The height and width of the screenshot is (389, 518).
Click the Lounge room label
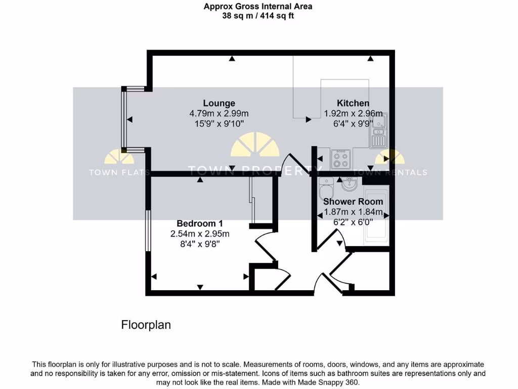pyautogui.click(x=219, y=103)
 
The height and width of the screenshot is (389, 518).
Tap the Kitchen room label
pyautogui.click(x=353, y=103)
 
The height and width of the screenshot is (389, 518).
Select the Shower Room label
pyautogui.click(x=353, y=201)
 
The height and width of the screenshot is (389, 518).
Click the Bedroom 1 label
pyautogui.click(x=199, y=223)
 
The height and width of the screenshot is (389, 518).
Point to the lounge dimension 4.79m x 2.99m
pyautogui.click(x=219, y=113)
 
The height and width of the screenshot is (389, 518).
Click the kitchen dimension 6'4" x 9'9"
pyautogui.click(x=353, y=123)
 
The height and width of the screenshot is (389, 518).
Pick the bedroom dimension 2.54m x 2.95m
pyautogui.click(x=199, y=234)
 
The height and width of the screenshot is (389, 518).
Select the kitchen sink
pyautogui.click(x=378, y=131)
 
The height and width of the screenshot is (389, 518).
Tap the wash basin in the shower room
pyautogui.click(x=349, y=184)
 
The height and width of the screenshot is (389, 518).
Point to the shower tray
pyautogui.click(x=375, y=216)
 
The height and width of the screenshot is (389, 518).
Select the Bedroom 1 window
pyautogui.click(x=147, y=231)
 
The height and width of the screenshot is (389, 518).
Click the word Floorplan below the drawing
pyautogui.click(x=146, y=325)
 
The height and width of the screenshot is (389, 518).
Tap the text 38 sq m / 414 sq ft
pyautogui.click(x=258, y=16)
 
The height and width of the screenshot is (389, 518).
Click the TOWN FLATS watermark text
pyautogui.click(x=119, y=172)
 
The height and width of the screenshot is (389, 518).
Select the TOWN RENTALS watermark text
pyautogui.click(x=390, y=172)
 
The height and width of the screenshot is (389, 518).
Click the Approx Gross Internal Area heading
pyautogui.click(x=258, y=7)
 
